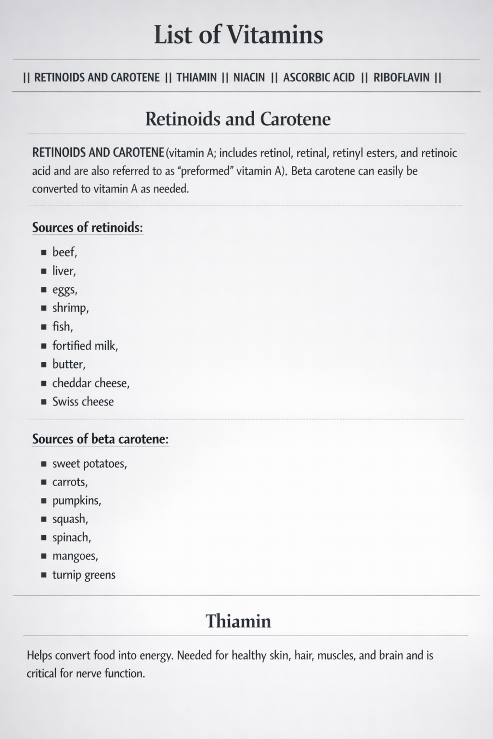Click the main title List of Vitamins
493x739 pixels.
pyautogui.click(x=238, y=35)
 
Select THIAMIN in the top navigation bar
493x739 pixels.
pyautogui.click(x=196, y=77)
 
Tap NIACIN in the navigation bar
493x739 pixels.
pyautogui.click(x=249, y=77)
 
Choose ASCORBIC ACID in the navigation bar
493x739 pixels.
pyautogui.click(x=319, y=77)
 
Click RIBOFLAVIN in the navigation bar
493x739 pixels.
pyautogui.click(x=401, y=77)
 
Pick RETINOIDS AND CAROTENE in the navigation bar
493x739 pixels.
pyautogui.click(x=97, y=77)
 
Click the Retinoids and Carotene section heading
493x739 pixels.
pyautogui.click(x=238, y=119)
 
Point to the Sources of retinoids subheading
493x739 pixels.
pyautogui.click(x=87, y=227)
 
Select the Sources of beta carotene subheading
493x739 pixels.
pyautogui.click(x=100, y=439)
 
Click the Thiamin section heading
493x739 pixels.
pyautogui.click(x=238, y=621)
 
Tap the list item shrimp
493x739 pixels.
pyautogui.click(x=70, y=308)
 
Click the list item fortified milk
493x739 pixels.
pyautogui.click(x=85, y=345)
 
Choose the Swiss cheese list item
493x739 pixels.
pyautogui.click(x=83, y=402)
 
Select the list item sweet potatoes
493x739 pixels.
pyautogui.click(x=90, y=464)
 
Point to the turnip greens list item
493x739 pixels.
pyautogui.click(x=84, y=575)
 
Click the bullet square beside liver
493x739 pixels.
pyautogui.click(x=43, y=271)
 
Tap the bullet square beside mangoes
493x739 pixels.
pyautogui.click(x=43, y=557)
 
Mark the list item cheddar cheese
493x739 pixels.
pyautogui.click(x=91, y=383)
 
